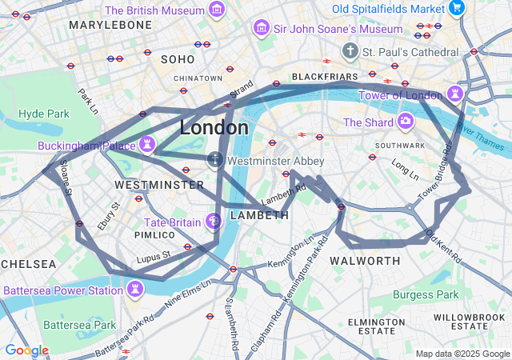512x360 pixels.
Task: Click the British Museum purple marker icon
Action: pos(216,10)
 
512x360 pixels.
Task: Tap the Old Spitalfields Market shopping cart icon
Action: pos(456,8)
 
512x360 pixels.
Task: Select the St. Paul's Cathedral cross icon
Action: pos(350,52)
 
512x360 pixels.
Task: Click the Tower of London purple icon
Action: pos(455,94)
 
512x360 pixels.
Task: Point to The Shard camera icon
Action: pos(406,122)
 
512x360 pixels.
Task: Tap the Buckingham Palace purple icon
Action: pos(146,145)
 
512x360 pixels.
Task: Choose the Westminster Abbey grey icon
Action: pos(215,160)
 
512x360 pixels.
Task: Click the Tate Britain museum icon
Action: pos(214,221)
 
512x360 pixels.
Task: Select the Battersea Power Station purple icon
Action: pos(135,289)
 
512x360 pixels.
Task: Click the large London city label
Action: pos(214,127)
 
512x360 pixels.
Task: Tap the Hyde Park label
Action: pos(44,114)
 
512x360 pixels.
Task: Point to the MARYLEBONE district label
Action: pos(110,25)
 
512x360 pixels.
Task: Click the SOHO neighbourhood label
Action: pos(178,59)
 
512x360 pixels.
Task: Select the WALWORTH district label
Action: pos(365,261)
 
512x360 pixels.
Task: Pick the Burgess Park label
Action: pos(426,294)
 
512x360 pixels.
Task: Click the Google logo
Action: pos(26,350)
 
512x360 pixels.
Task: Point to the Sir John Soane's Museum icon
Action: pos(260,29)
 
